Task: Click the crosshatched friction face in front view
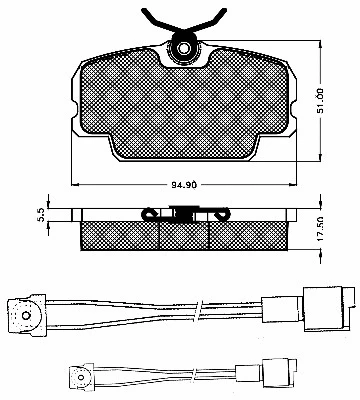(183, 105)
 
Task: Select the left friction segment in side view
(119, 234)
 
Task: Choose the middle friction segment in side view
(184, 234)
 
